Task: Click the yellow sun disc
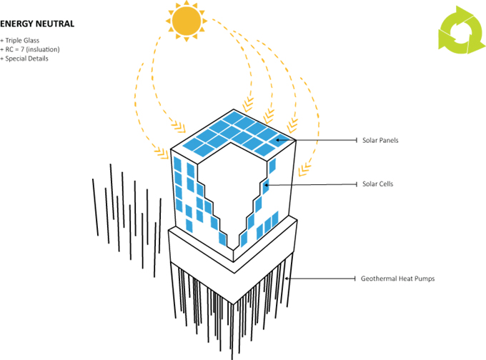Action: (187, 21)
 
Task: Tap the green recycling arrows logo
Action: (461, 30)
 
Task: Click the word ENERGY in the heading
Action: (16, 24)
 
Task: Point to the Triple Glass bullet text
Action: (20, 41)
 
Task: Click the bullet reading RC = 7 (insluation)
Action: (30, 49)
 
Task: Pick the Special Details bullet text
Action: (24, 59)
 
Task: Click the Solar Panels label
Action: (380, 140)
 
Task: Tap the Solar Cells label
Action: (378, 184)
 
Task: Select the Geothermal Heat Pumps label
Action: (397, 279)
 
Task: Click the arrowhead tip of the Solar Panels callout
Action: (277, 140)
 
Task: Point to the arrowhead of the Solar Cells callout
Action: (265, 185)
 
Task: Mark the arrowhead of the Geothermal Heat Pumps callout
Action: (285, 279)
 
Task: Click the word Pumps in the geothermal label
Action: (425, 279)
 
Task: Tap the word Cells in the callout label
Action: (385, 184)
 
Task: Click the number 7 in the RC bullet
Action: (22, 49)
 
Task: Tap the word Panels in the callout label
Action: (390, 140)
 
